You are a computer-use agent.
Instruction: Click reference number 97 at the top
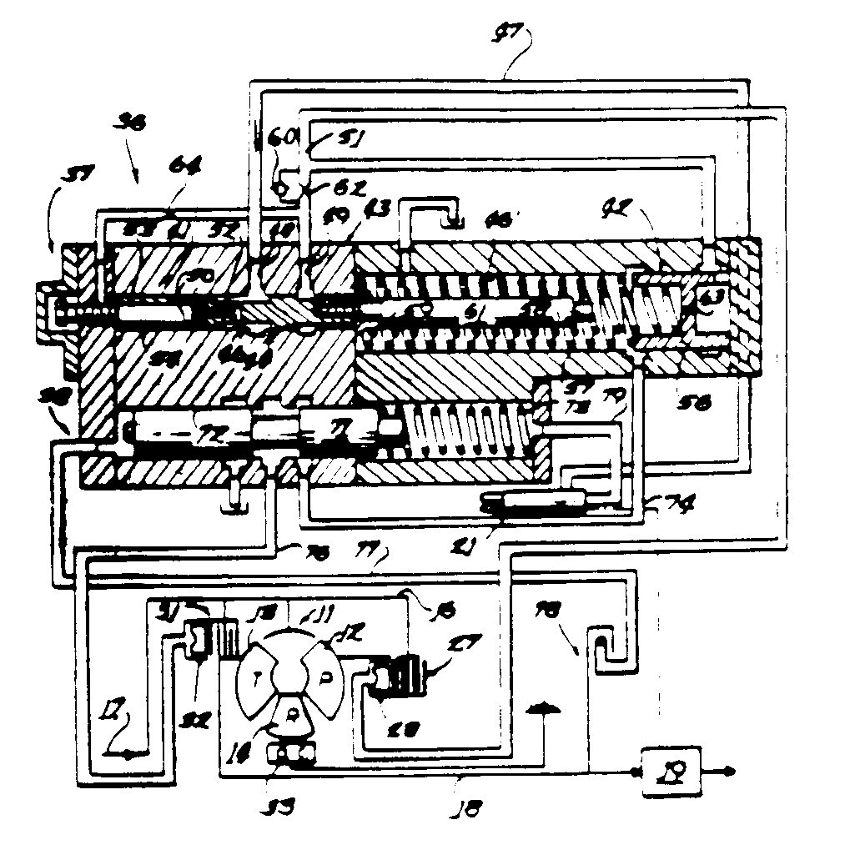click(507, 34)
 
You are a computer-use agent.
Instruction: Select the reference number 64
click(179, 167)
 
